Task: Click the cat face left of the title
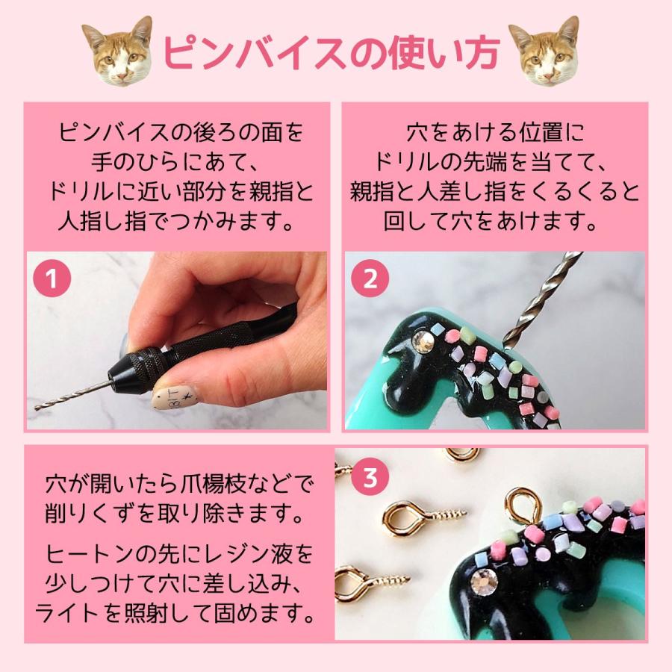coord(117,52)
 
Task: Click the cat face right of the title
coord(544,52)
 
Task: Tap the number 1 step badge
coord(52,279)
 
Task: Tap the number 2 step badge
coord(370,279)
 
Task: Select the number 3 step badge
coord(370,477)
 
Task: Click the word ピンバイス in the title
coord(255,53)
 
